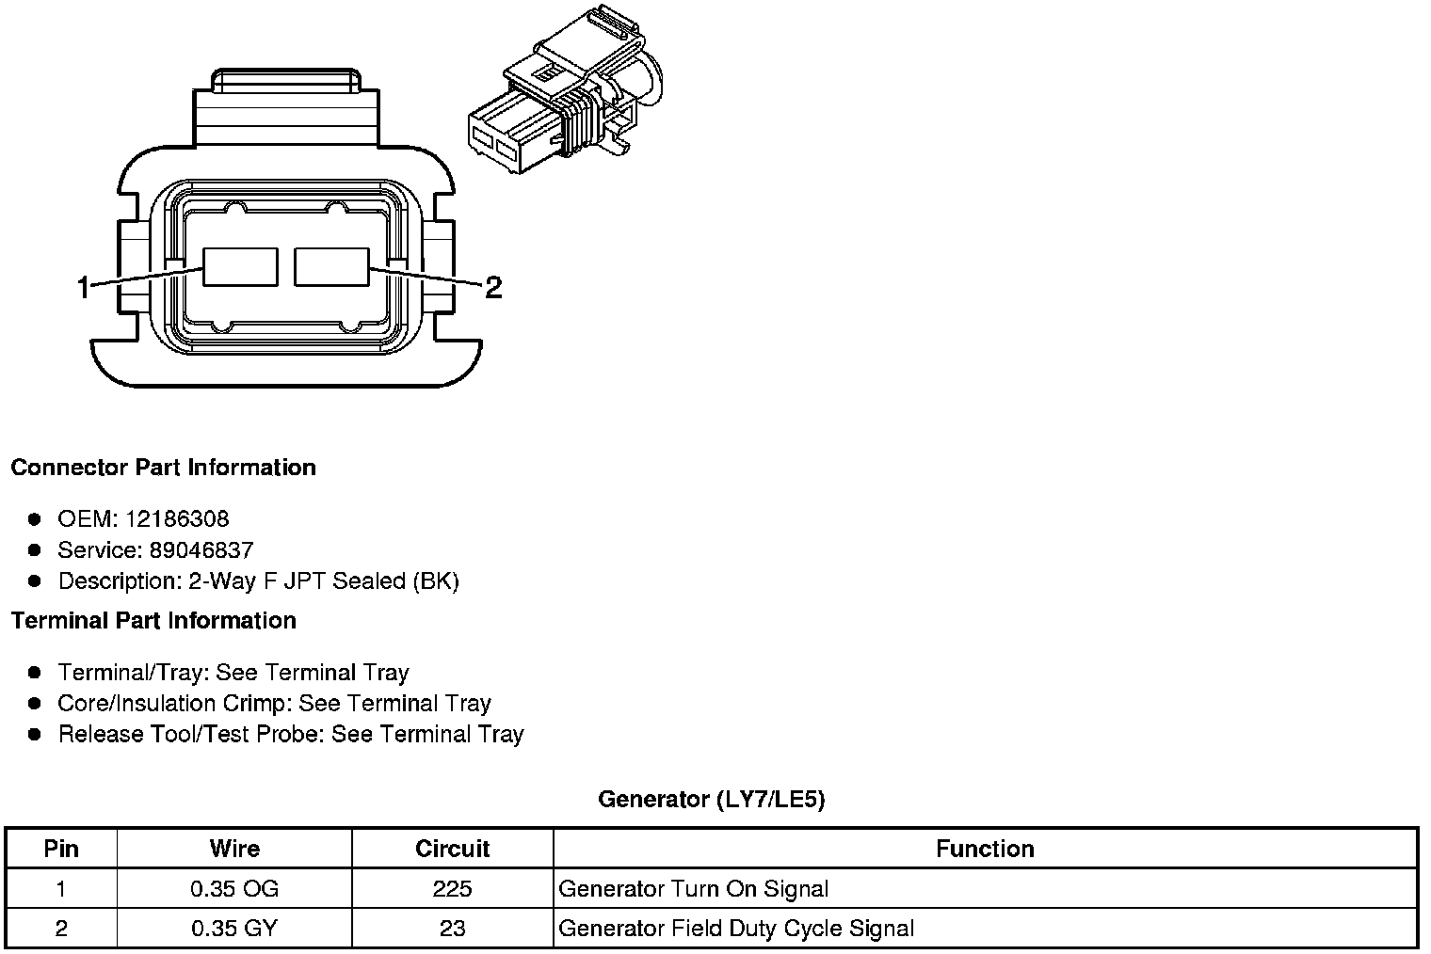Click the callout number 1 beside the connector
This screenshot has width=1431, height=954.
(85, 286)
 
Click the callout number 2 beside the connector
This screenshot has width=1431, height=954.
(492, 286)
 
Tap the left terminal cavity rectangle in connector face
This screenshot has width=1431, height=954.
(241, 266)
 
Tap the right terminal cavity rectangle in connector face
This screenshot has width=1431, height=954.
(331, 266)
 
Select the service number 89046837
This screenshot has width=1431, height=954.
(201, 549)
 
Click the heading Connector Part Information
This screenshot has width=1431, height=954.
(163, 468)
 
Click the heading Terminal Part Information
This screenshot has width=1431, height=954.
(153, 621)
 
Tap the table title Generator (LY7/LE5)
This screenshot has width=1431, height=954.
(711, 800)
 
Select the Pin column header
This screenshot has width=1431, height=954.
(61, 849)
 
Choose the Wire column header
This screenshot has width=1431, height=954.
(234, 849)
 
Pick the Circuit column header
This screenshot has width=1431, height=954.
(452, 849)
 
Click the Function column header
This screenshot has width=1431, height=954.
(985, 849)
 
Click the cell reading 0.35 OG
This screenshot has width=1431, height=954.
(234, 889)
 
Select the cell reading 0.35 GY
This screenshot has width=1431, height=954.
(234, 929)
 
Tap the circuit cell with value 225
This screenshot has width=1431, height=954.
(452, 889)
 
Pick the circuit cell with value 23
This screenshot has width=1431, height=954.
(452, 929)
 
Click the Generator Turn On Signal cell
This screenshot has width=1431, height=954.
(694, 889)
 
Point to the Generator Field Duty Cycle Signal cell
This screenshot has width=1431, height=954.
(736, 929)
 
